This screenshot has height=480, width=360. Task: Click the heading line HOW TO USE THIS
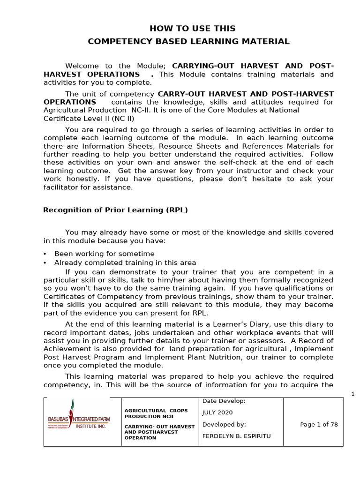[x=192, y=29]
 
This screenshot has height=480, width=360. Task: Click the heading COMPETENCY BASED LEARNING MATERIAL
[x=189, y=42]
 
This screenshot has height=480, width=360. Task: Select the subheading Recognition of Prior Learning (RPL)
[x=115, y=210]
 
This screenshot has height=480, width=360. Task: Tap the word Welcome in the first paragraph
[x=82, y=66]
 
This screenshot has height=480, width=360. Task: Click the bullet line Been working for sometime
[x=104, y=254]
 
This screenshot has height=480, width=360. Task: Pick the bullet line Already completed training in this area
[x=125, y=262]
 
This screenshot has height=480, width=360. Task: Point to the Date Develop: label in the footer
[x=224, y=401]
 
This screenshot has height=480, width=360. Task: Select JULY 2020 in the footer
[x=217, y=412]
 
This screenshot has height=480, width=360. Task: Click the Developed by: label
[x=224, y=425]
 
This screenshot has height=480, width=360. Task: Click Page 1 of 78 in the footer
[x=319, y=425]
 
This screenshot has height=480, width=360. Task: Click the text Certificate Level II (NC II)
[x=89, y=119]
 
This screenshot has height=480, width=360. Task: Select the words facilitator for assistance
[x=88, y=187]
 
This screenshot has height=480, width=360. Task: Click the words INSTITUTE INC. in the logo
[x=91, y=427]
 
